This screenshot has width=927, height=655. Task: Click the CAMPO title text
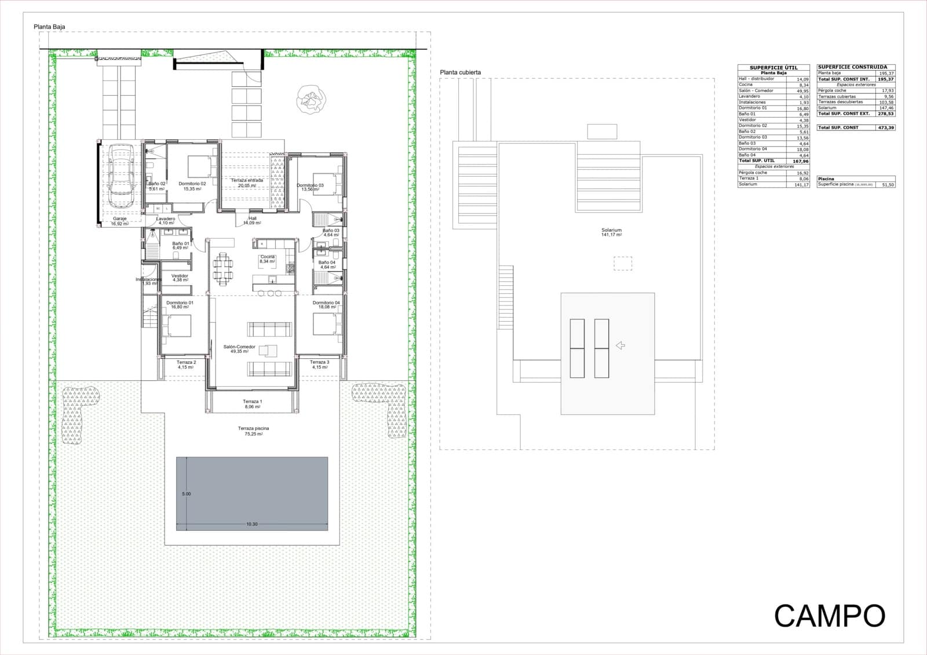click(x=830, y=616)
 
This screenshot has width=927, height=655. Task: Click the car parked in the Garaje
click(x=121, y=177)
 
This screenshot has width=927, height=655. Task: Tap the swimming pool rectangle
click(x=252, y=493)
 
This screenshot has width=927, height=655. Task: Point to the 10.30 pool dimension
click(x=251, y=524)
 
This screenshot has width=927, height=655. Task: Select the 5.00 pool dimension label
click(x=186, y=494)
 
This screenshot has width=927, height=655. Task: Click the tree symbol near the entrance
click(x=311, y=98)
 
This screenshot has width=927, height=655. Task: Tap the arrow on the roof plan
click(x=620, y=345)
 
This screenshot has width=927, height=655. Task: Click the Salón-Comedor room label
click(x=239, y=347)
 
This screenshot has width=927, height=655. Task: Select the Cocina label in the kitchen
click(x=267, y=257)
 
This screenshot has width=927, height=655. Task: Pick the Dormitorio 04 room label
click(x=326, y=303)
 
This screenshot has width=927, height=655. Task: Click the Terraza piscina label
click(x=253, y=428)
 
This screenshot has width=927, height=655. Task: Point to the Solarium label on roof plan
click(x=611, y=230)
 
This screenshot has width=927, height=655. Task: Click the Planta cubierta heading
click(x=460, y=72)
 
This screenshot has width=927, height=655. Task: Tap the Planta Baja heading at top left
click(x=49, y=27)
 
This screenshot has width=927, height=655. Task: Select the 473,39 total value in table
click(x=885, y=128)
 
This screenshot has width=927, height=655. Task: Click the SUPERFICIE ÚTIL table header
click(x=773, y=67)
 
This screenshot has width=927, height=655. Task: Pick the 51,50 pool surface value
click(x=887, y=184)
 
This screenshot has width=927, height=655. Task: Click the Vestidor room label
click(x=180, y=276)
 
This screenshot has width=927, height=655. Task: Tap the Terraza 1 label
click(x=252, y=402)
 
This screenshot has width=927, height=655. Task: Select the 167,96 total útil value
click(x=800, y=161)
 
